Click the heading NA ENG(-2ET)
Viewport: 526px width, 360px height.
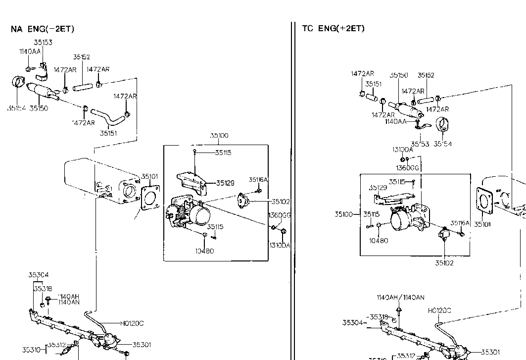(43, 29)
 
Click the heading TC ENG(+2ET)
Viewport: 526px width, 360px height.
(333, 28)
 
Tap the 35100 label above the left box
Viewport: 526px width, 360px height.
(219, 135)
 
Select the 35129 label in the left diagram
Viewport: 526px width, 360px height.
(225, 183)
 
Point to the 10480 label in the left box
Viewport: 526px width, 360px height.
(204, 251)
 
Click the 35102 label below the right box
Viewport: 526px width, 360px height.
(444, 263)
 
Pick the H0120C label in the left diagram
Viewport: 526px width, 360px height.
(132, 323)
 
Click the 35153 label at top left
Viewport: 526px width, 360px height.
(43, 43)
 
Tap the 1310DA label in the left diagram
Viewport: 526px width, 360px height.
(280, 245)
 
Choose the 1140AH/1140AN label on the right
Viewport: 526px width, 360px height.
(400, 298)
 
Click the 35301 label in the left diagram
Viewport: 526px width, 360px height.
(142, 345)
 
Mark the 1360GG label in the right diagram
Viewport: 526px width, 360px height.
(407, 168)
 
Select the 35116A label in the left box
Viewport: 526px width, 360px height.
(258, 180)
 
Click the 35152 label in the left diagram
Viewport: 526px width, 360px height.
(81, 57)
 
